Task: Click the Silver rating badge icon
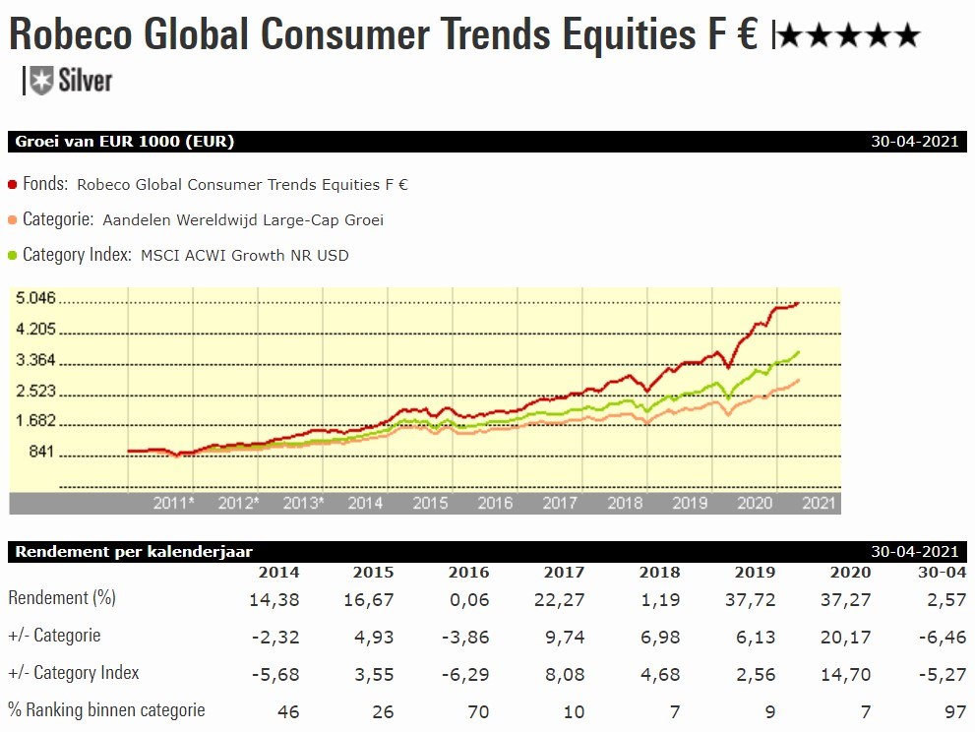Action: pyautogui.click(x=40, y=81)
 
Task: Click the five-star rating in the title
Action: pyautogui.click(x=848, y=37)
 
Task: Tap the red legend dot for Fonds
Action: pyautogui.click(x=13, y=184)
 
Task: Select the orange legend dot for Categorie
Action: pyautogui.click(x=13, y=220)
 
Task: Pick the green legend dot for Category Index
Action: pyautogui.click(x=13, y=256)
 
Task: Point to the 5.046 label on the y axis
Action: pyautogui.click(x=35, y=298)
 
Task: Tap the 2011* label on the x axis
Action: pyautogui.click(x=173, y=503)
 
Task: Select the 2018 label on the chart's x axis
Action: pyautogui.click(x=625, y=503)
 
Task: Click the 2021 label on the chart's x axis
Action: pyautogui.click(x=820, y=503)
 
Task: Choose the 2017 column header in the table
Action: pyautogui.click(x=564, y=573)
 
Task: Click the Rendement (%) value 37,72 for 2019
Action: pyautogui.click(x=755, y=598)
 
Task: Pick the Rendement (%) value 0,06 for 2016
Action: pyautogui.click(x=468, y=598)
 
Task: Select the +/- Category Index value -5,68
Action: pyautogui.click(x=275, y=674)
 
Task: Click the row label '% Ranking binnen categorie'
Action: pyautogui.click(x=106, y=709)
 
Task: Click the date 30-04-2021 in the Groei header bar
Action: pyautogui.click(x=914, y=142)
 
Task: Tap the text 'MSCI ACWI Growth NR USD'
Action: pyautogui.click(x=244, y=256)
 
